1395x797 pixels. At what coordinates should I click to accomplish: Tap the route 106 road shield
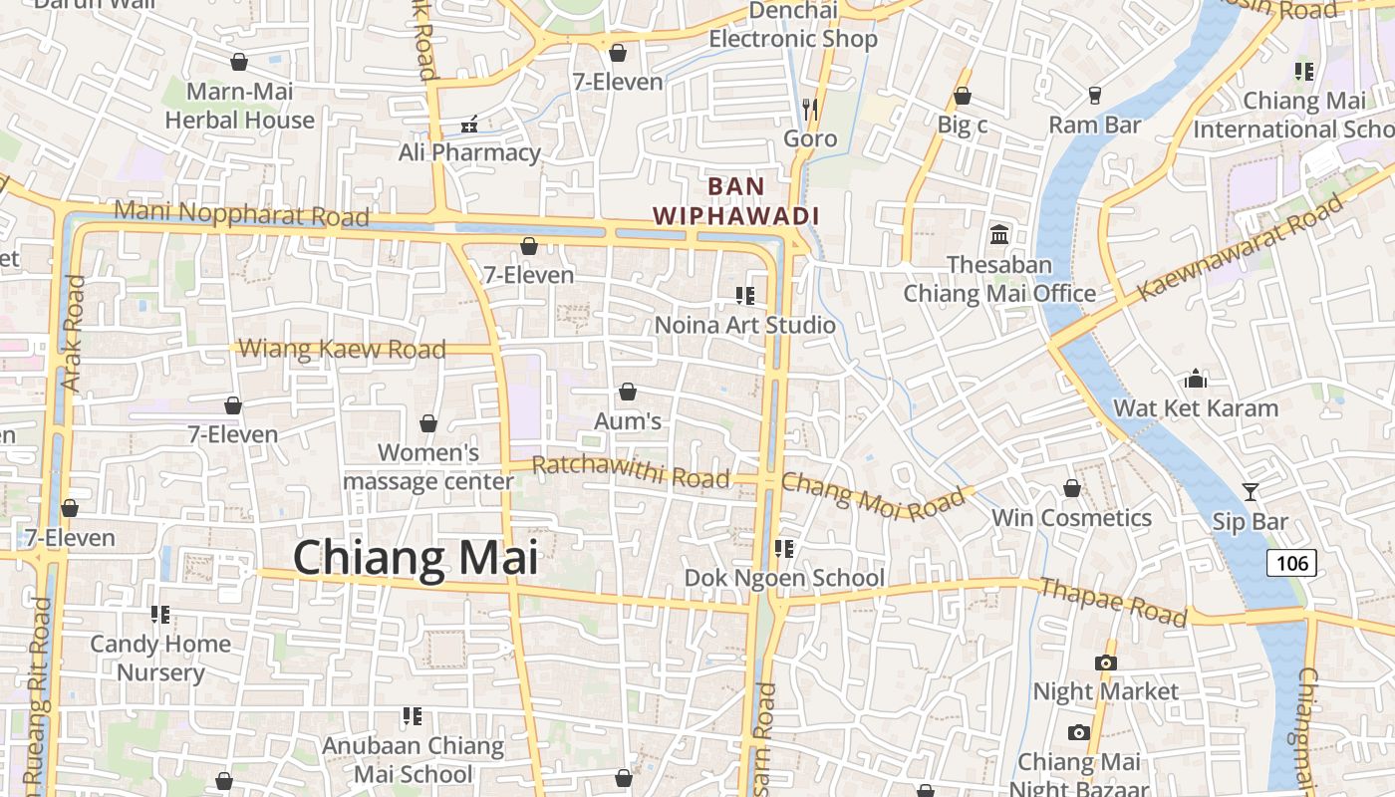pyautogui.click(x=1291, y=564)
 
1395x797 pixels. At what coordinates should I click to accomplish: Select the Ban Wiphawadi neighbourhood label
pyautogui.click(x=736, y=200)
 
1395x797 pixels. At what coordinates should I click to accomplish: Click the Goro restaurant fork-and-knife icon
pyautogui.click(x=810, y=108)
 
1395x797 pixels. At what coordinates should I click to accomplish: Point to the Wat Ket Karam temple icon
pyautogui.click(x=1196, y=379)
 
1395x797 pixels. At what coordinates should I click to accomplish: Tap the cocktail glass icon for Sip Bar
pyautogui.click(x=1250, y=491)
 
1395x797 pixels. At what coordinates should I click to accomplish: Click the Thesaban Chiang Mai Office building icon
pyautogui.click(x=999, y=235)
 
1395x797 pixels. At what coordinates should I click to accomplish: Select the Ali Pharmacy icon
pyautogui.click(x=469, y=125)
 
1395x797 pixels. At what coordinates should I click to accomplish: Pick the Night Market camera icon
pyautogui.click(x=1105, y=663)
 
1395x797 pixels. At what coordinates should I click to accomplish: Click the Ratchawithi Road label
pyautogui.click(x=631, y=471)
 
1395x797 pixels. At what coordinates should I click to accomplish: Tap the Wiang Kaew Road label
pyautogui.click(x=343, y=349)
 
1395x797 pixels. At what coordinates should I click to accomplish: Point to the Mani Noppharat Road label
pyautogui.click(x=241, y=213)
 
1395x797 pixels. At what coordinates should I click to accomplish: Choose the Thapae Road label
pyautogui.click(x=1113, y=602)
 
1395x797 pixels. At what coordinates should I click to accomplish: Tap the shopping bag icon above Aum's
pyautogui.click(x=628, y=393)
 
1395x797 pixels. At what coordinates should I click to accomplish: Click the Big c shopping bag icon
pyautogui.click(x=963, y=97)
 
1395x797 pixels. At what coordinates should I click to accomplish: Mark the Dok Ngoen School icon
pyautogui.click(x=784, y=549)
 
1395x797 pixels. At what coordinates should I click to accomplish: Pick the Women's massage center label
pyautogui.click(x=428, y=467)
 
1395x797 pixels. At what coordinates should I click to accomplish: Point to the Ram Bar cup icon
pyautogui.click(x=1094, y=96)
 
